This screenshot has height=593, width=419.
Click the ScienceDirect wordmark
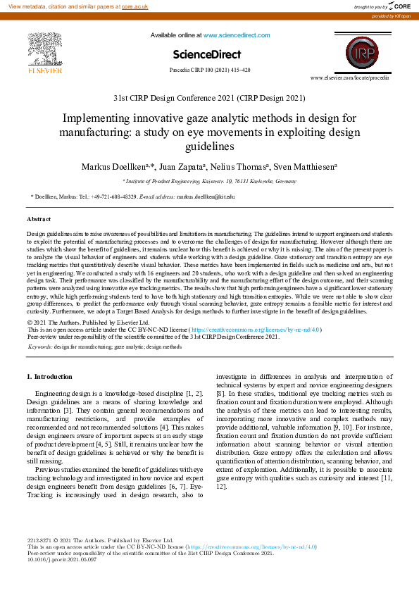coord(206,54)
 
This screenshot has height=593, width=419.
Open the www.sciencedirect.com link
coord(231,35)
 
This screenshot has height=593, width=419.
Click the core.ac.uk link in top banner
coord(136,6)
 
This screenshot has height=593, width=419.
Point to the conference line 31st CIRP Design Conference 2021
coord(209,98)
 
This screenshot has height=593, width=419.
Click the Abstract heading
coord(39,220)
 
